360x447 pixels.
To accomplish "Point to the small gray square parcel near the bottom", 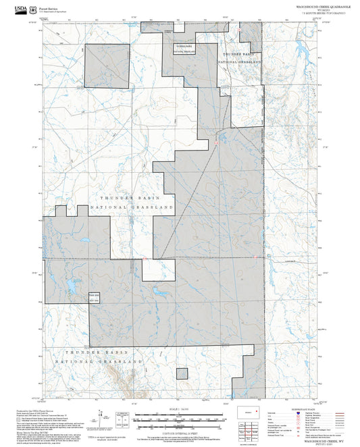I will (182, 373).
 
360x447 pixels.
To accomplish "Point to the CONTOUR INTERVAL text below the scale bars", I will (179, 433).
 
